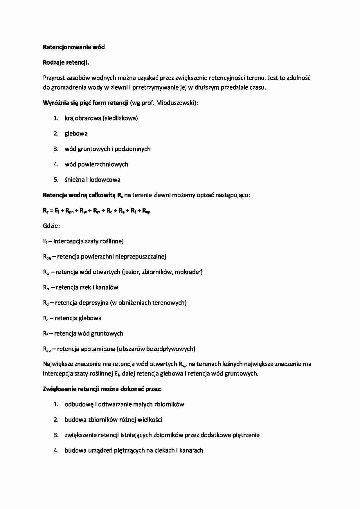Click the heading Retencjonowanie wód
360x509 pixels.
tap(74, 47)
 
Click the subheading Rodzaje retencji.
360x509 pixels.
tap(66, 62)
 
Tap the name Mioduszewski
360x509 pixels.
tap(176, 103)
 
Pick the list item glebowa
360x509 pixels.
tap(76, 133)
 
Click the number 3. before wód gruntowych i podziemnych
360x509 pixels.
tap(56, 149)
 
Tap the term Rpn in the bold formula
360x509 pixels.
tap(69, 211)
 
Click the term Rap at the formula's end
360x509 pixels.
tap(146, 211)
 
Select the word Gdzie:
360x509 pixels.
tap(51, 226)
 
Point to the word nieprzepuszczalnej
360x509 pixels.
tap(141, 257)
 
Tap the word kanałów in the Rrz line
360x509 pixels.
tap(107, 287)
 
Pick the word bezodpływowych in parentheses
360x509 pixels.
tap(170, 349)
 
